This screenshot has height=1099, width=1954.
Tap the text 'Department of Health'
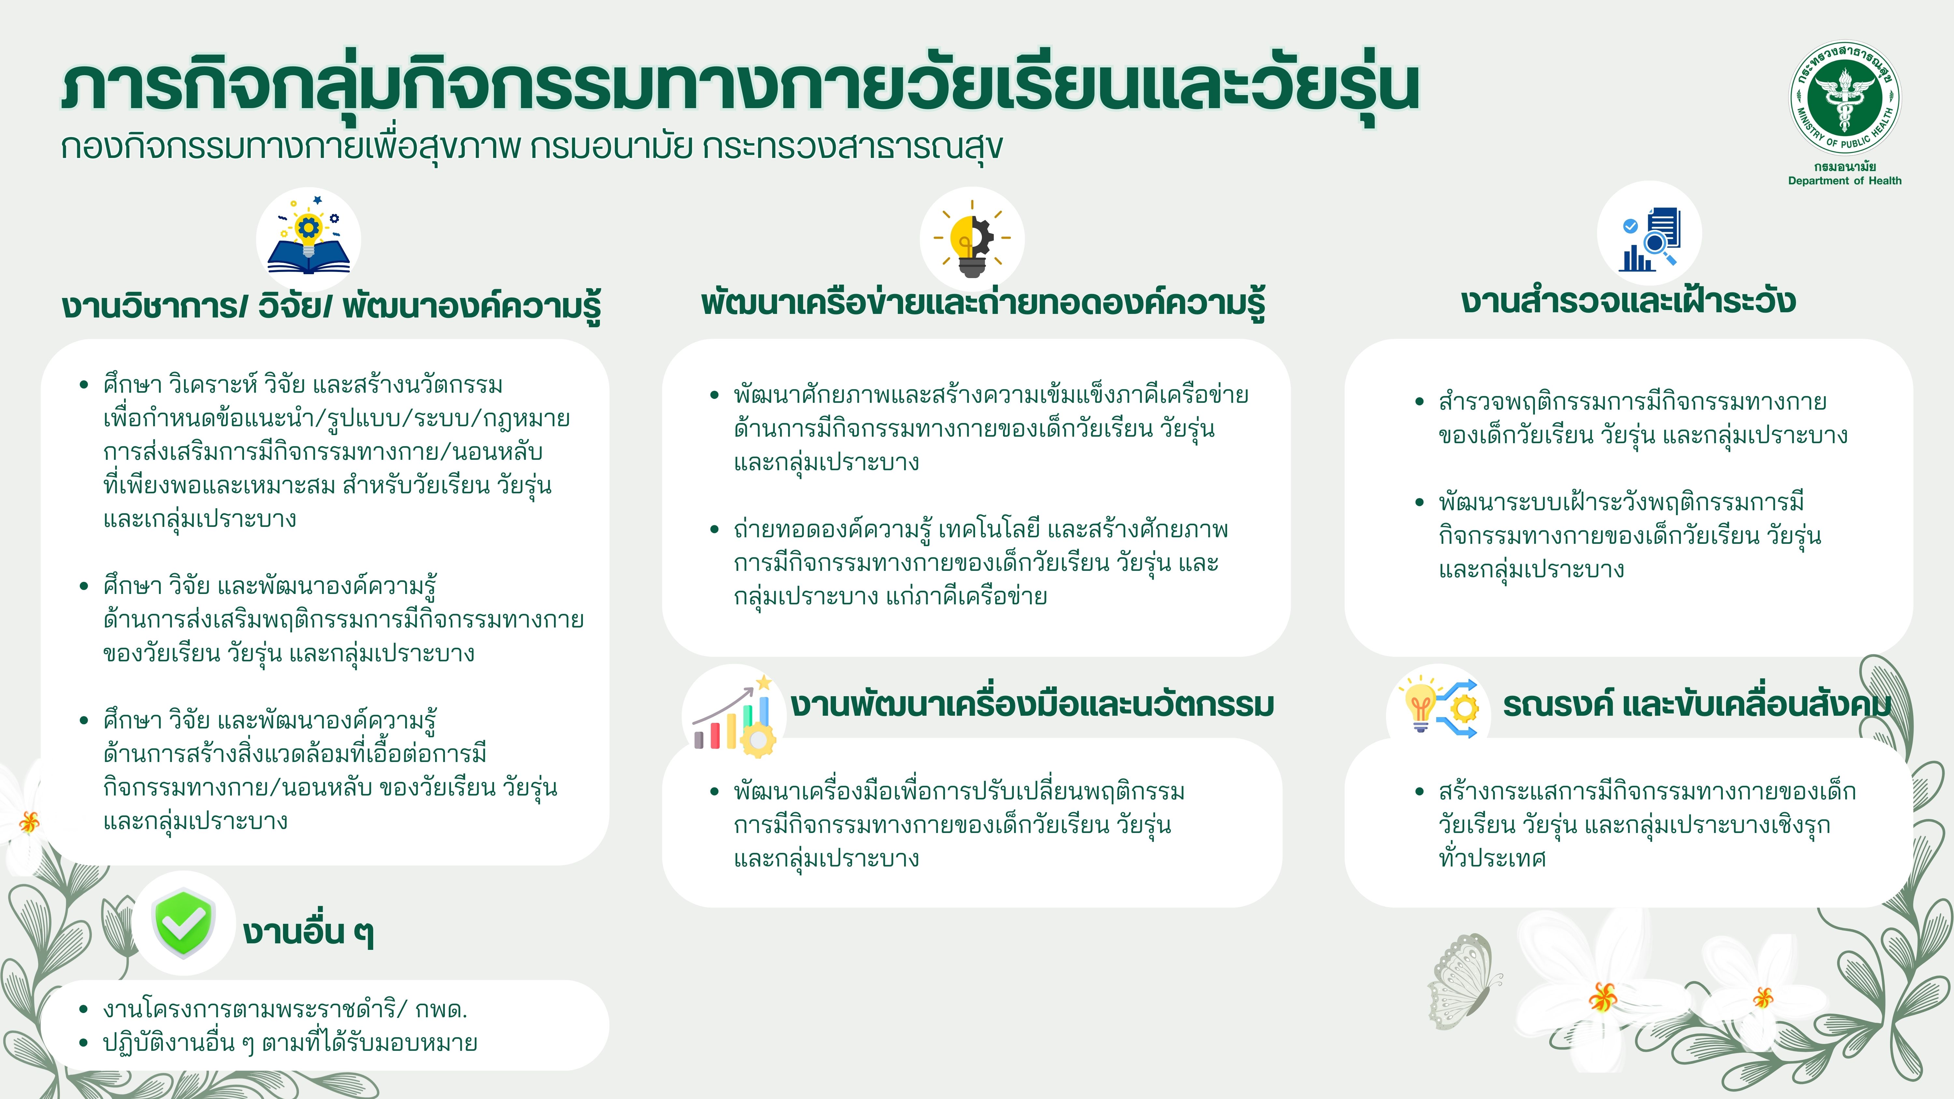(1845, 180)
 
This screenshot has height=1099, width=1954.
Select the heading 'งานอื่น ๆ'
(308, 931)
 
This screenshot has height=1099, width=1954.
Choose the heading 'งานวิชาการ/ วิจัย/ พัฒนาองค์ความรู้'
(332, 306)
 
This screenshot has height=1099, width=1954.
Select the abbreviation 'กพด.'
(441, 1009)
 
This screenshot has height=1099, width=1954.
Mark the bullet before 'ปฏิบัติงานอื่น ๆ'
(84, 1043)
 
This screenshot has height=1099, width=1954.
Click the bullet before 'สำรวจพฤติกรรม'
(1419, 402)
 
